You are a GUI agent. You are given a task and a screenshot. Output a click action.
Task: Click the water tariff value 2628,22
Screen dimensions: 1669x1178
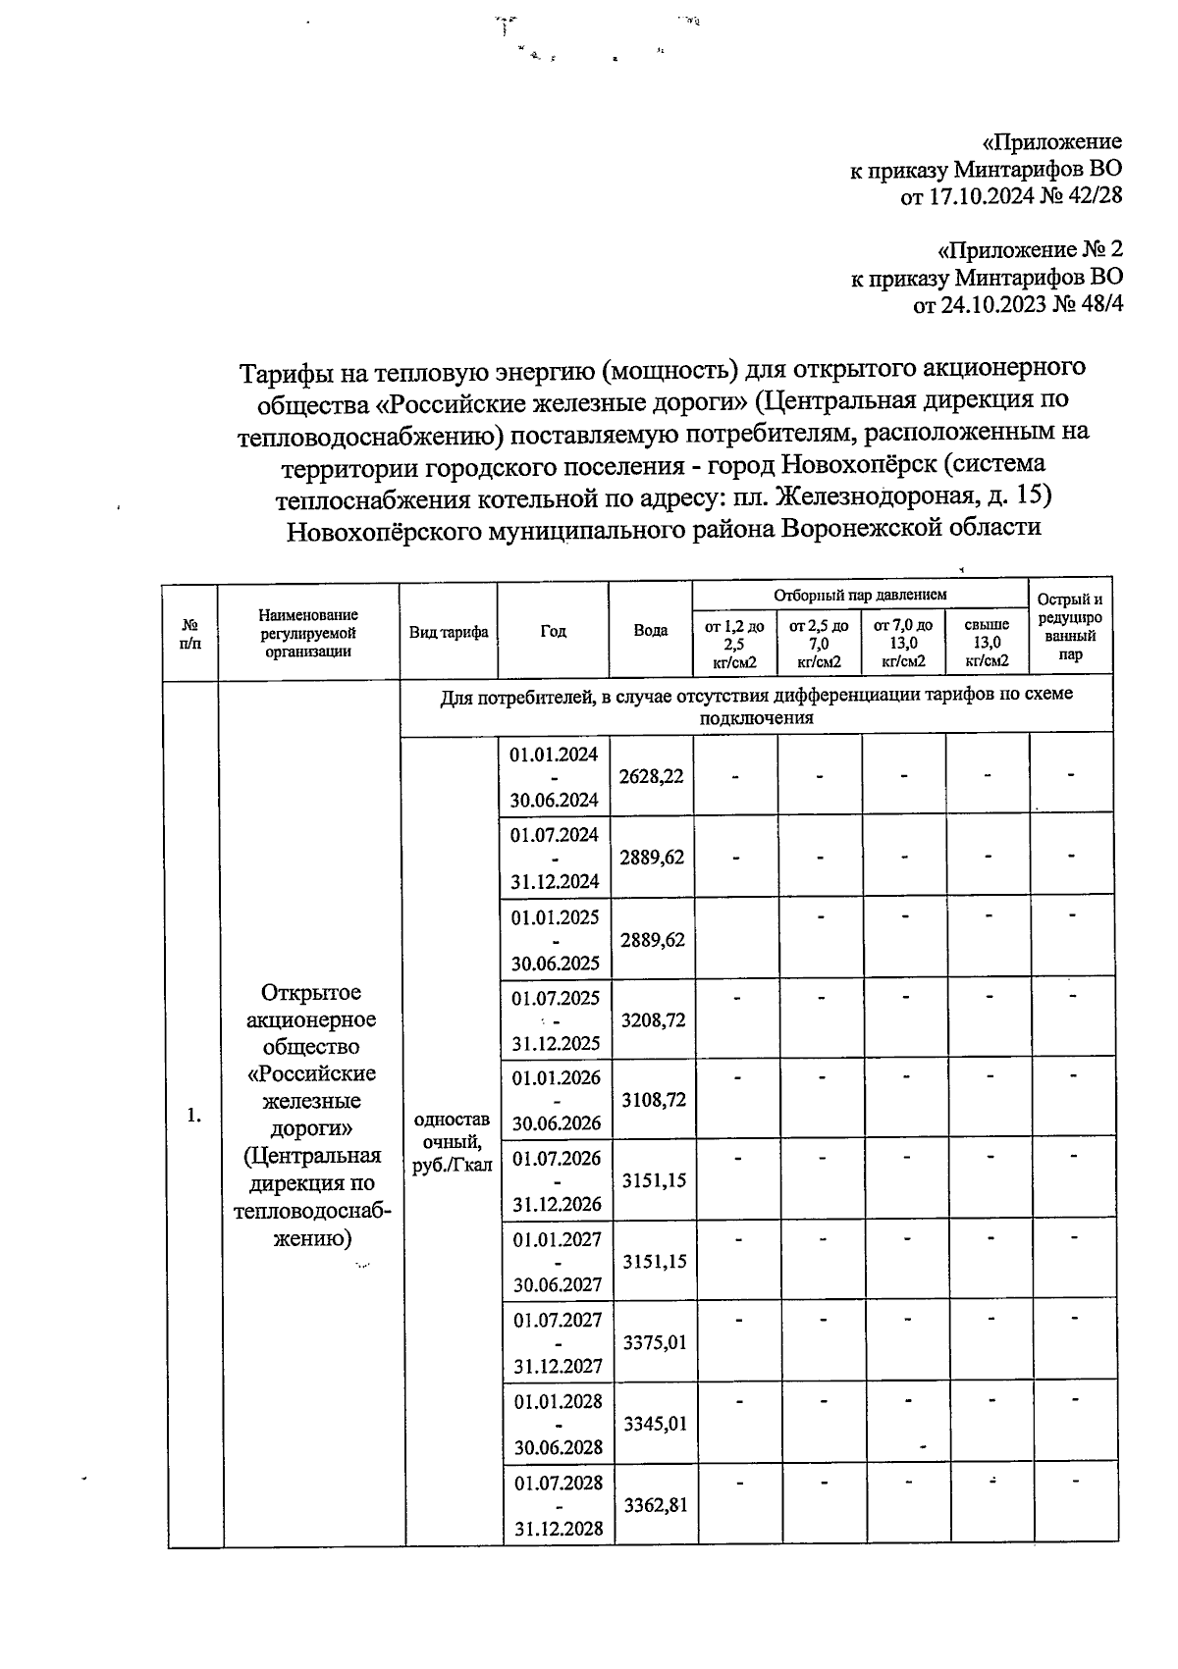(651, 775)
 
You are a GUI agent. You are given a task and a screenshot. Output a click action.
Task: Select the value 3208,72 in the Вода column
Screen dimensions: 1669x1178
(652, 1019)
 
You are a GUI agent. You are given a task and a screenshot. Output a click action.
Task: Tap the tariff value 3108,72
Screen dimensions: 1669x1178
(653, 1100)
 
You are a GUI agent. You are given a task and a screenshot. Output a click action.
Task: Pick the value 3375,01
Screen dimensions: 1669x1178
(655, 1342)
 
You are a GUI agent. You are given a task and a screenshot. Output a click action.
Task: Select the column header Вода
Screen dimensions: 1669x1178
(651, 631)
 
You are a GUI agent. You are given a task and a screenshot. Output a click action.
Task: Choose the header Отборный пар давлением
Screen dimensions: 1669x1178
(860, 596)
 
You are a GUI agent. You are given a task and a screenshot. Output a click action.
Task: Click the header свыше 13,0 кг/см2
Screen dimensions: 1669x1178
(987, 643)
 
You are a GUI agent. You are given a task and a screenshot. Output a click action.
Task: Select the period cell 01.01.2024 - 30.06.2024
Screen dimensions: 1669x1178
(555, 776)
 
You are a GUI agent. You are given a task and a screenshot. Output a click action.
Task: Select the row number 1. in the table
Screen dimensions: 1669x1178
(194, 1115)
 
